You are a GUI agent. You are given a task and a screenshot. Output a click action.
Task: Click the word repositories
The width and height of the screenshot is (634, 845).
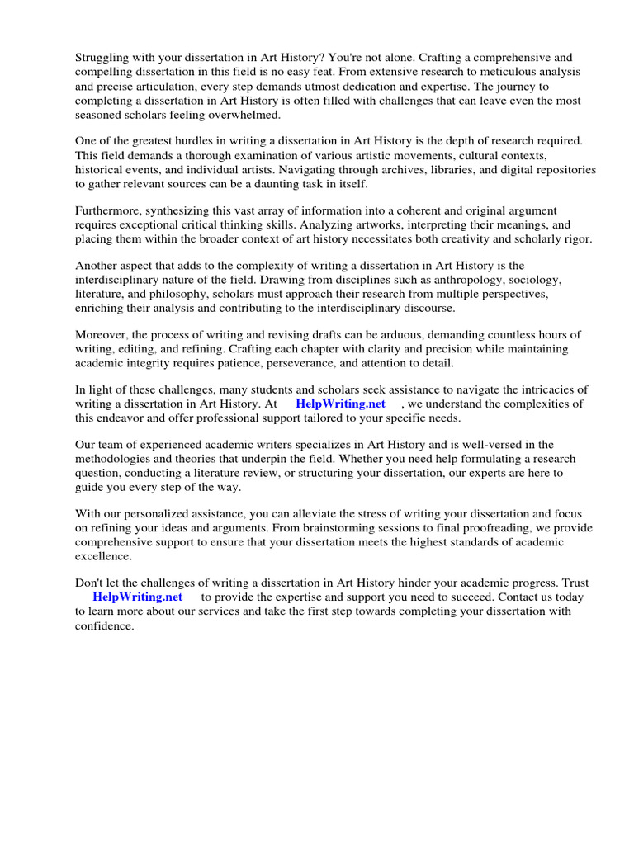pos(562,169)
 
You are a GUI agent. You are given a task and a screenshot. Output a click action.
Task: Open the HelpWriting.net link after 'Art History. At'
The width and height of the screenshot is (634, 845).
pos(340,404)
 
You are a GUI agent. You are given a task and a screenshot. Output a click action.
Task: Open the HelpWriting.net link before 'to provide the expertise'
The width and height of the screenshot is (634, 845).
pos(137,597)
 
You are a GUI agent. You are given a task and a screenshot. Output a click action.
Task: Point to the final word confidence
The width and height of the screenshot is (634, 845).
pos(104,625)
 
